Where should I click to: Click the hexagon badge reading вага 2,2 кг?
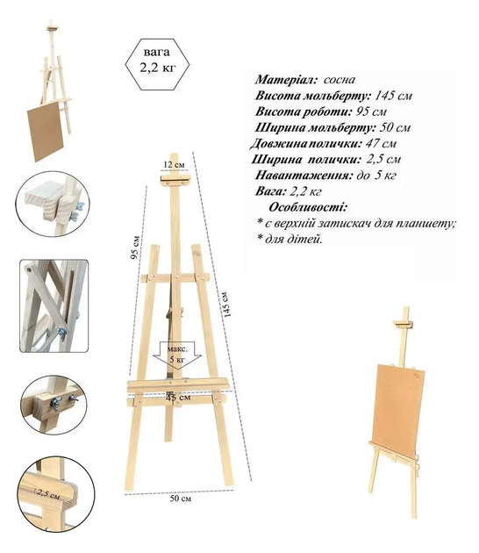click(157, 64)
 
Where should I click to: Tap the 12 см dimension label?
click(174, 165)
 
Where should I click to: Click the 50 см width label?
click(181, 499)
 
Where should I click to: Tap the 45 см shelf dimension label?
click(178, 398)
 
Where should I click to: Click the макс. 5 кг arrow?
click(177, 355)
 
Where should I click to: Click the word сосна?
click(339, 80)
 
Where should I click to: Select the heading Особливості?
click(308, 207)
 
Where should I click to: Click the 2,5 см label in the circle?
click(47, 492)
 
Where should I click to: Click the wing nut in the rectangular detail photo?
click(62, 333)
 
